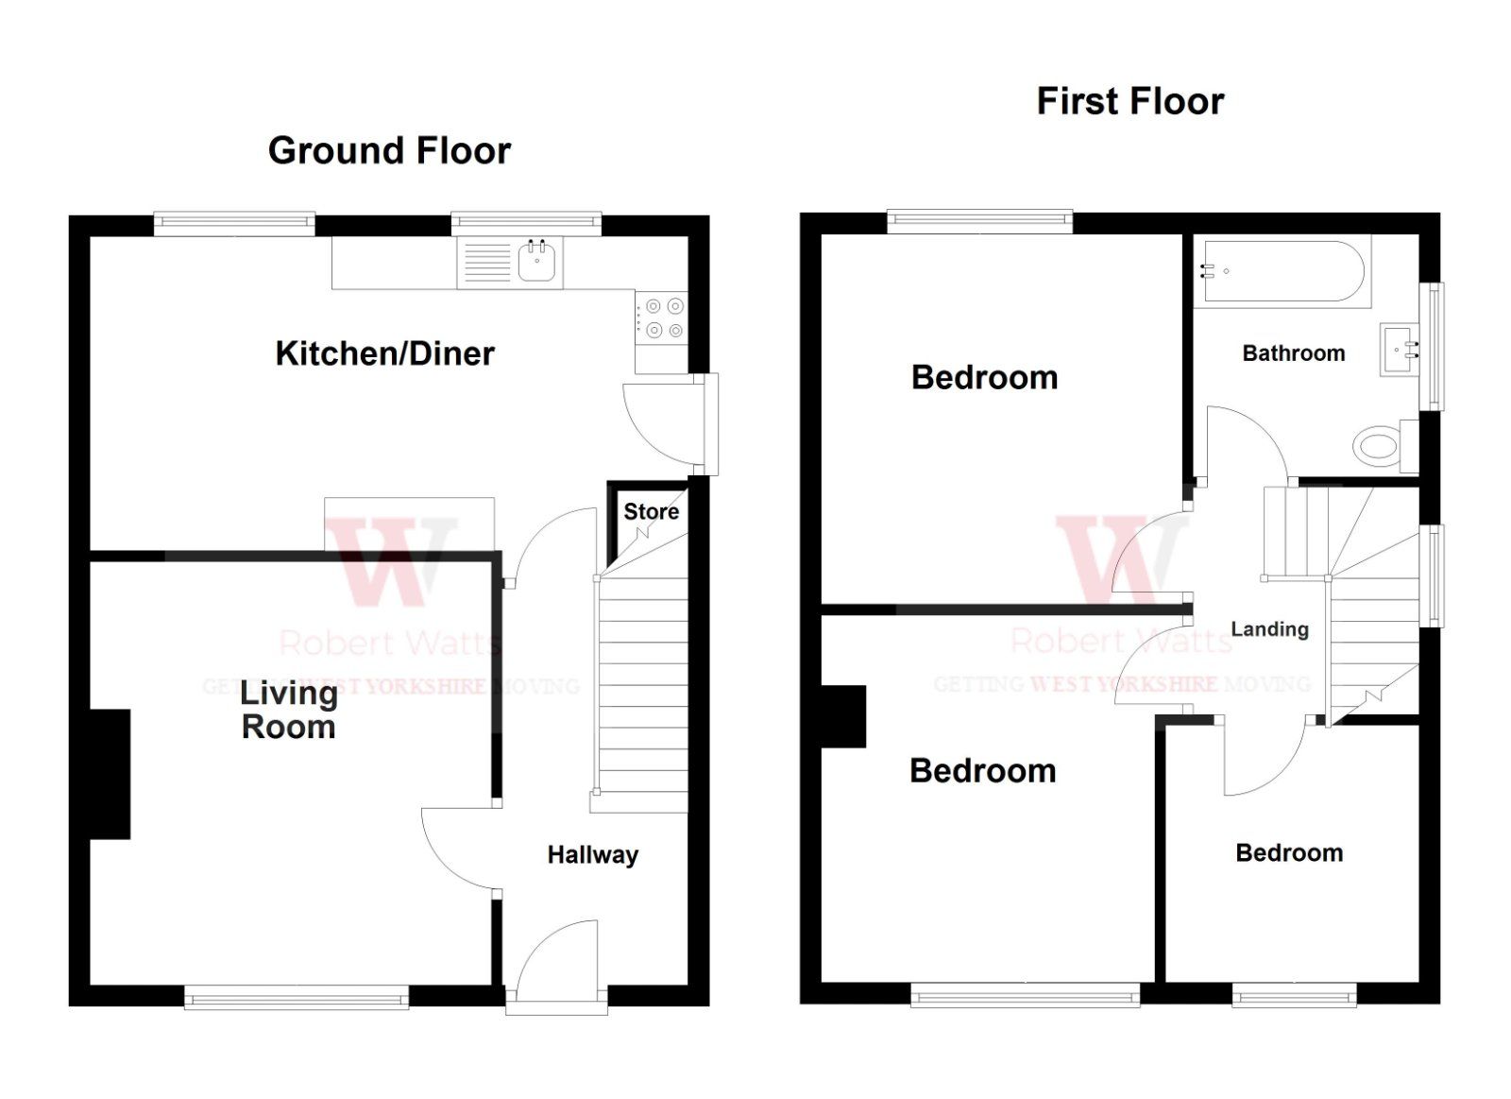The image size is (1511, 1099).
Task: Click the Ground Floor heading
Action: (389, 151)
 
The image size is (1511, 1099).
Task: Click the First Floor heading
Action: (1129, 101)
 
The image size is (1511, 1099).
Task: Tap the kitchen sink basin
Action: (538, 261)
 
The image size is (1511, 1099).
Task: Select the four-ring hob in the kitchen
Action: (662, 318)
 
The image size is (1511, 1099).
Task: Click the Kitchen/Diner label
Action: (384, 353)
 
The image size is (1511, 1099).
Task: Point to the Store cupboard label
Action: (651, 511)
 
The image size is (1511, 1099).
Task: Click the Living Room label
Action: (288, 710)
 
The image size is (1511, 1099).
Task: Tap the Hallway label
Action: (592, 855)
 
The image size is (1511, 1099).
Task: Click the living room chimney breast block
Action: (110, 774)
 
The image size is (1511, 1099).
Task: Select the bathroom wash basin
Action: (1400, 350)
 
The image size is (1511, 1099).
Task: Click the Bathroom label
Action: (1293, 353)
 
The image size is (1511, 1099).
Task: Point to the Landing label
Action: (1269, 629)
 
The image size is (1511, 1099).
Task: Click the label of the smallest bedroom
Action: (1288, 853)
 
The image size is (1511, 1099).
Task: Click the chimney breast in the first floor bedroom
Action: (843, 716)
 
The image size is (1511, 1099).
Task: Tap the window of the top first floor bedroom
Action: (979, 221)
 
